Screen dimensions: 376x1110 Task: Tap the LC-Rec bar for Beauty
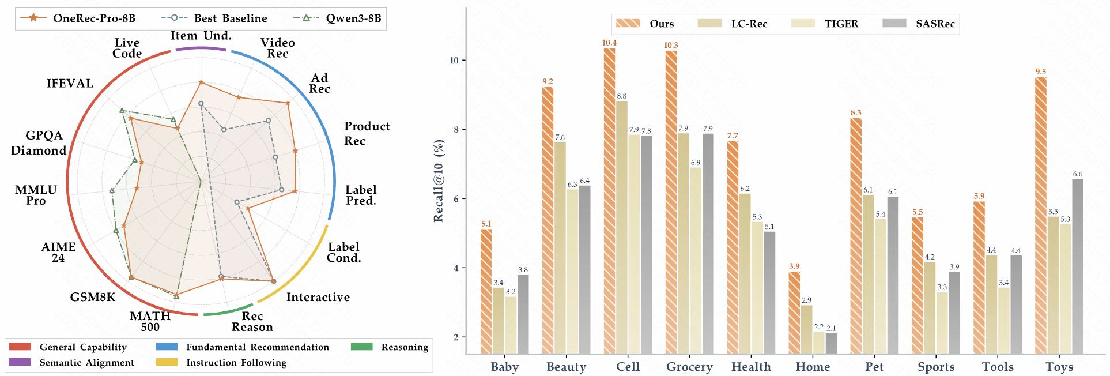pyautogui.click(x=560, y=248)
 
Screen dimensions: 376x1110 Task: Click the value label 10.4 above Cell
pyautogui.click(x=609, y=43)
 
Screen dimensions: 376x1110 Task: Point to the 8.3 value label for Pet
pyautogui.click(x=856, y=113)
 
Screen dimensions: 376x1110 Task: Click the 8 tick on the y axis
pyautogui.click(x=456, y=130)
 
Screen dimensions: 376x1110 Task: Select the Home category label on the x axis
pyautogui.click(x=813, y=367)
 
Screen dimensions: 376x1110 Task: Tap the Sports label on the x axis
pyautogui.click(x=936, y=367)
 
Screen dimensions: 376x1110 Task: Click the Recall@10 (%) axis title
pyautogui.click(x=439, y=181)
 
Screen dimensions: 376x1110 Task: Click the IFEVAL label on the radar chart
pyautogui.click(x=70, y=84)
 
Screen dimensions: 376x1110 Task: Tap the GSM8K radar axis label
pyautogui.click(x=93, y=297)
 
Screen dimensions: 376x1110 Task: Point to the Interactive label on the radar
pyautogui.click(x=318, y=297)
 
